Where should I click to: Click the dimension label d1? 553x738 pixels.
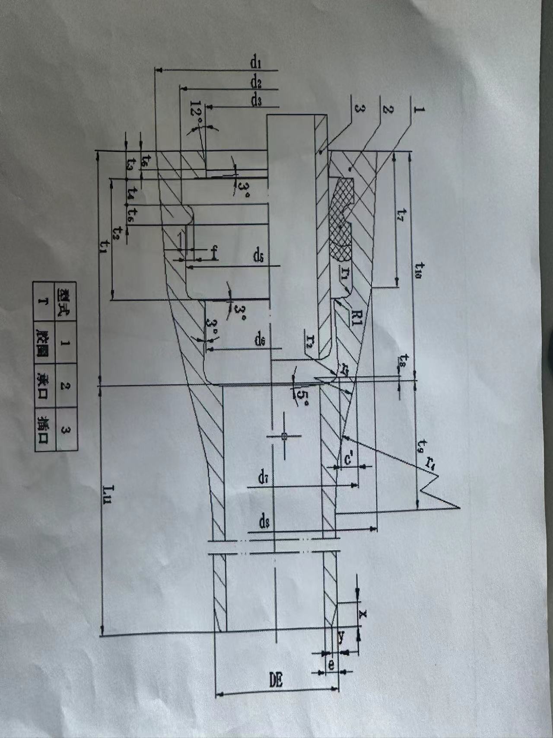click(x=256, y=63)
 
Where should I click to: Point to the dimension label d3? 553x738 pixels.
click(x=256, y=101)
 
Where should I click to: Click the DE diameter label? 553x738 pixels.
click(x=276, y=680)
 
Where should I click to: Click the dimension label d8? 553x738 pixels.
click(x=264, y=523)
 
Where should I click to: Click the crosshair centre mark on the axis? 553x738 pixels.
click(x=284, y=436)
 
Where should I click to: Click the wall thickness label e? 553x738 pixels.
click(x=331, y=666)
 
